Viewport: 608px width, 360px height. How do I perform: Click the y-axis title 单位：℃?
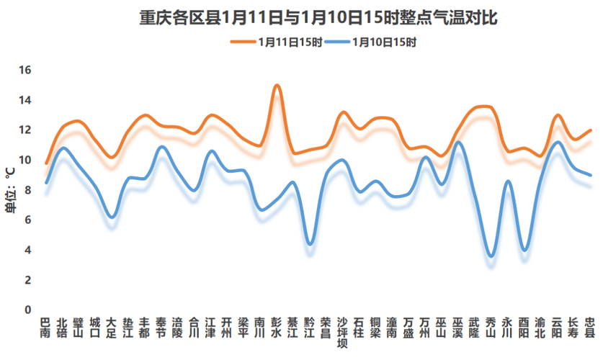9,190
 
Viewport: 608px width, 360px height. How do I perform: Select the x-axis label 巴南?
46,328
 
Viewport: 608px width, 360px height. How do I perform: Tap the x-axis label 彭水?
277,328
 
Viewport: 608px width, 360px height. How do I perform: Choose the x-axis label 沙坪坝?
343,332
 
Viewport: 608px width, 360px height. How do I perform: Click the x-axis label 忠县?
590,328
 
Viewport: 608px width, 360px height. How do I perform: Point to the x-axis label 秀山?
491,328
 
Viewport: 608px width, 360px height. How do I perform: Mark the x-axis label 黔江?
310,328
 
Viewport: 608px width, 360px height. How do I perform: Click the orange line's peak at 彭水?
277,85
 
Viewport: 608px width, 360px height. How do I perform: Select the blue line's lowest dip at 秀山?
491,256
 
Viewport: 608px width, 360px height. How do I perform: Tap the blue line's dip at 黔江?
310,244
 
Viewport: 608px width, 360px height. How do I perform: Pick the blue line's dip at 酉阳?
525,250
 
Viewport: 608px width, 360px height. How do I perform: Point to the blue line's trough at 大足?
112,217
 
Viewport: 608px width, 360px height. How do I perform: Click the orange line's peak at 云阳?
558,115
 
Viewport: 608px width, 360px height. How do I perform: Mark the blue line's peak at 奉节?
161,147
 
